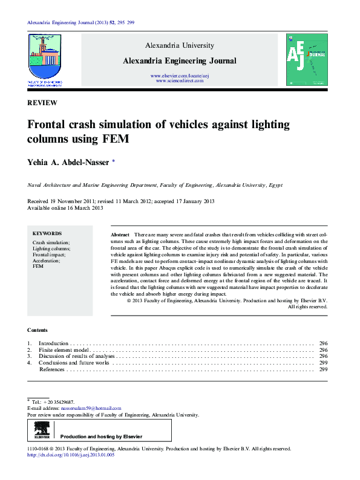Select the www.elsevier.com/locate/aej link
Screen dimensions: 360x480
click(x=180, y=76)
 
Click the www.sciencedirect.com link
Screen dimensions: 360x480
click(x=180, y=80)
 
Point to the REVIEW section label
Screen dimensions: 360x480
click(x=42, y=103)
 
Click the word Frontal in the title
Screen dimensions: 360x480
click(x=48, y=125)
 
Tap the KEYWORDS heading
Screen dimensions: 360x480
click(x=47, y=233)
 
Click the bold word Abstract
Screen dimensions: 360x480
click(x=120, y=234)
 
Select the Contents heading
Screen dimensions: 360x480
click(x=38, y=330)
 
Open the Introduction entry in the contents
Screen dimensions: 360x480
click(x=54, y=343)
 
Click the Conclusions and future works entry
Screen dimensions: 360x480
click(x=74, y=363)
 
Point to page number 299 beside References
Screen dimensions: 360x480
click(x=323, y=369)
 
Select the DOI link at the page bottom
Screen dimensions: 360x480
click(x=71, y=455)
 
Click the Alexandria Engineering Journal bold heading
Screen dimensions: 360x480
click(x=180, y=60)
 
